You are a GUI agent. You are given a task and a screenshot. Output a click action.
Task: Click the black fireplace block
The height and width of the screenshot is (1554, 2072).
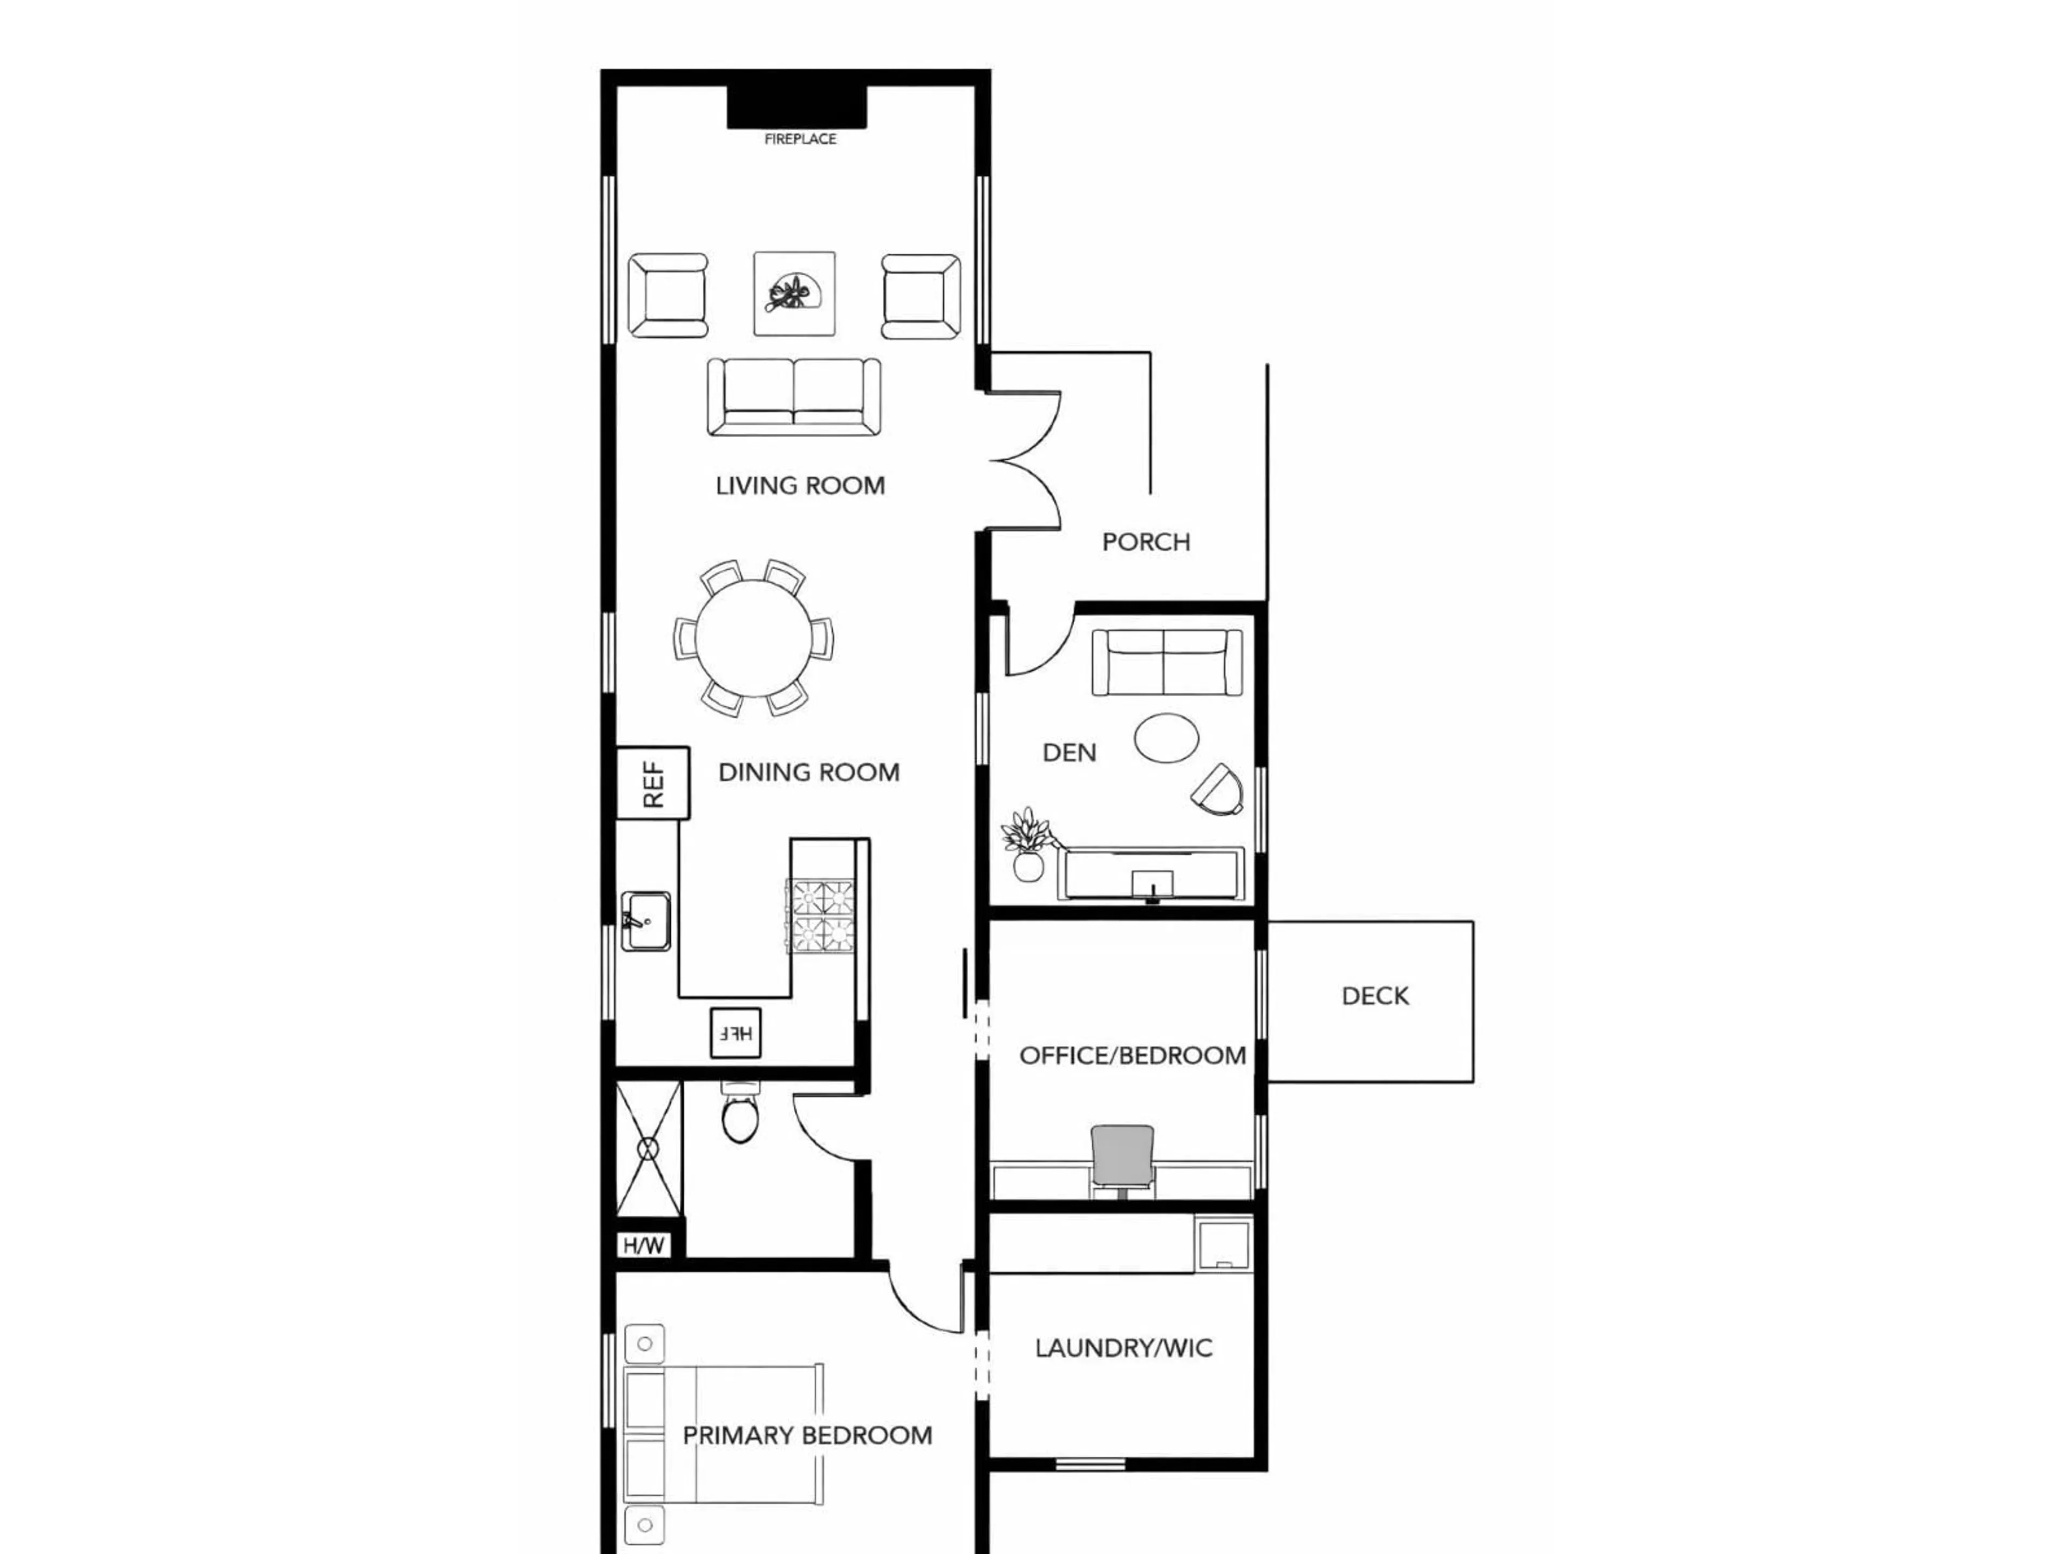pos(796,107)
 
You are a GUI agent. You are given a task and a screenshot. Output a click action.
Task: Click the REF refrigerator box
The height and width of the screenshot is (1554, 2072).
pos(653,782)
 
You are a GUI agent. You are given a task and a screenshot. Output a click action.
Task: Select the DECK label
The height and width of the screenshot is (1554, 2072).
pos(1374,996)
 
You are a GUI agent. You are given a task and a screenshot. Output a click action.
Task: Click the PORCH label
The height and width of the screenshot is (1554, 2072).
pos(1146,541)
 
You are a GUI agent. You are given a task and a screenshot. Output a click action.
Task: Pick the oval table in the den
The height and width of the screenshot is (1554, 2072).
pos(1166,738)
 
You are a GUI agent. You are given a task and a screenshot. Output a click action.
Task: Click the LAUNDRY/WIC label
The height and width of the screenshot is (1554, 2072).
pos(1123,1348)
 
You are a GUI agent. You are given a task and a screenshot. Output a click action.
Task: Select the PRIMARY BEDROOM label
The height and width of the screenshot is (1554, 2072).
pos(807,1435)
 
